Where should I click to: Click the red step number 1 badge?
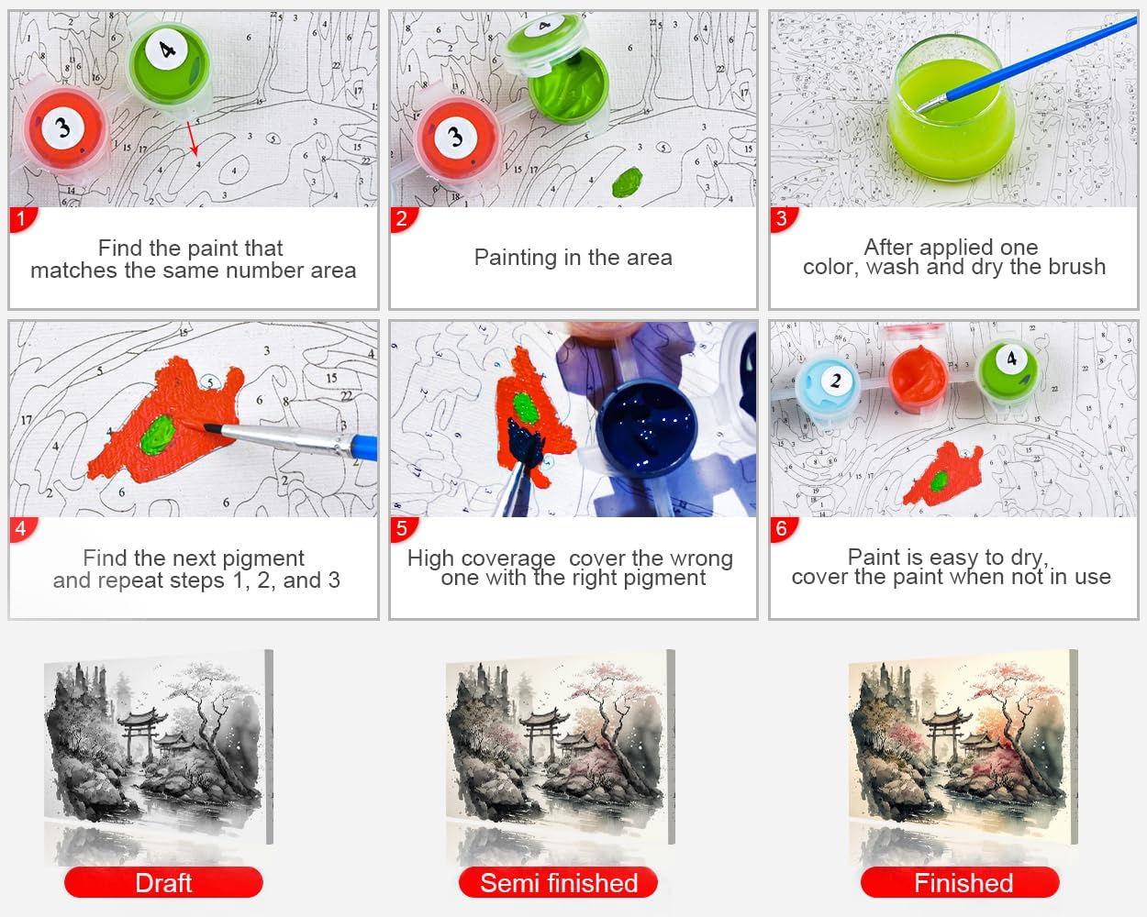pos(22,219)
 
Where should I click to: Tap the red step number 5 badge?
pos(403,529)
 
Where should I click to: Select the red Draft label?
pos(163,883)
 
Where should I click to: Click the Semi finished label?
pos(559,883)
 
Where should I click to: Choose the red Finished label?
pos(960,883)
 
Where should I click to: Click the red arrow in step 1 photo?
pos(193,138)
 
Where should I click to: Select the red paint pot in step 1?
pos(65,129)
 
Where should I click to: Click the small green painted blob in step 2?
pos(628,182)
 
